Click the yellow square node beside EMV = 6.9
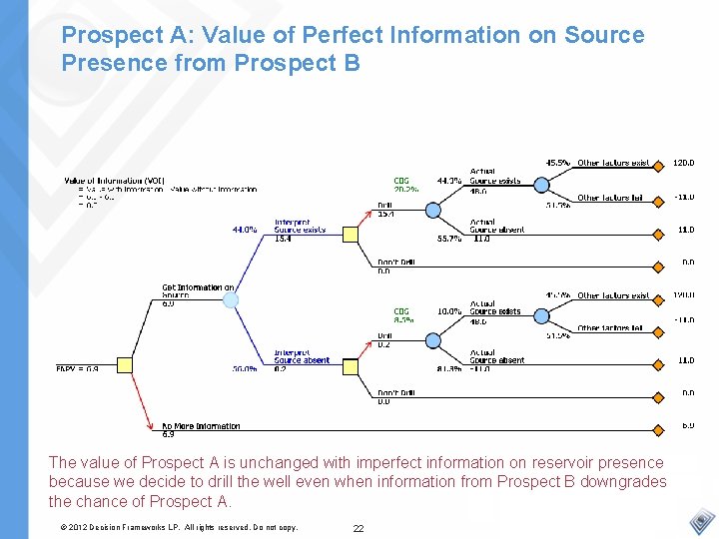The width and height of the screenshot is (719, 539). point(126,364)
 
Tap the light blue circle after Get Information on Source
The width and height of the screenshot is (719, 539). point(231,299)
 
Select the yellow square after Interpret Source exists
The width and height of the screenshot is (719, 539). point(350,235)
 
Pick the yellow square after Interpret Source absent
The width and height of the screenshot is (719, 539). point(350,364)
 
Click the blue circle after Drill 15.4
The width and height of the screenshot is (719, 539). point(433,210)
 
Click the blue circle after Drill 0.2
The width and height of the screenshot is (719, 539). point(433,340)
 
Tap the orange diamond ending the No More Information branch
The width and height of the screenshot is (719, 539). point(658,430)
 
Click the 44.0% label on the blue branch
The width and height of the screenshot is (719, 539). point(245,229)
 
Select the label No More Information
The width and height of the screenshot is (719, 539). point(201,426)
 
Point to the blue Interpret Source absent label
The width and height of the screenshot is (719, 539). point(302,356)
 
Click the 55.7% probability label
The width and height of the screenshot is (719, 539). point(449,239)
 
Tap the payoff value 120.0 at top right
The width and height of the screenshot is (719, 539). point(684,163)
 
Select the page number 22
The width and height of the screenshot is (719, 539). point(358,528)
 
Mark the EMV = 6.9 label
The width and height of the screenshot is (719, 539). point(77,368)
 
